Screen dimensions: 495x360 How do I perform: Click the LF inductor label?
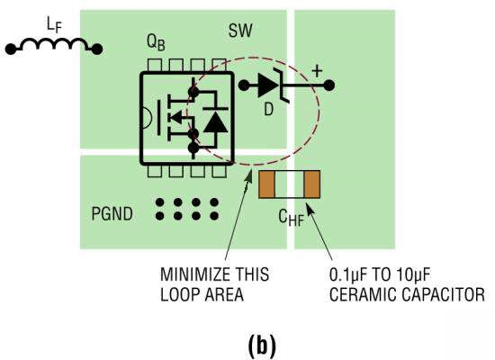pos(54,25)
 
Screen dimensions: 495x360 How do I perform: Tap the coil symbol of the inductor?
pos(54,44)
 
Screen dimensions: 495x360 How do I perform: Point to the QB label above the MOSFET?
pos(156,42)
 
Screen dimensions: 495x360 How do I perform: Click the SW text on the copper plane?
pos(240,31)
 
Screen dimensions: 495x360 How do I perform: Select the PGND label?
pos(112,214)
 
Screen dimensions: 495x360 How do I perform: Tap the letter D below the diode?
pos(268,110)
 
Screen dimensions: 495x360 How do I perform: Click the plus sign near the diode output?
pos(317,71)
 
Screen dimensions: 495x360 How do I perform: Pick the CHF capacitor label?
pos(291,218)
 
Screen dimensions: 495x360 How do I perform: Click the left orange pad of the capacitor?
pos(266,184)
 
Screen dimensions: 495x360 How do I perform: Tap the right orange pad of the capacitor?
pos(312,184)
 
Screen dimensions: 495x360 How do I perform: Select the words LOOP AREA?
pos(202,294)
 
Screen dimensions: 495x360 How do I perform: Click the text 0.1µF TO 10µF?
pos(379,274)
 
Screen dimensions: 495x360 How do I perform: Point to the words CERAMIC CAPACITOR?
pos(407,294)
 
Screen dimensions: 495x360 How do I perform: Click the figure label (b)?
pos(262,346)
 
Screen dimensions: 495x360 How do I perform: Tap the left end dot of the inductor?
pos(11,49)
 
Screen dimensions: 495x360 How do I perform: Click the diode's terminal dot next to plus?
pos(328,85)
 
